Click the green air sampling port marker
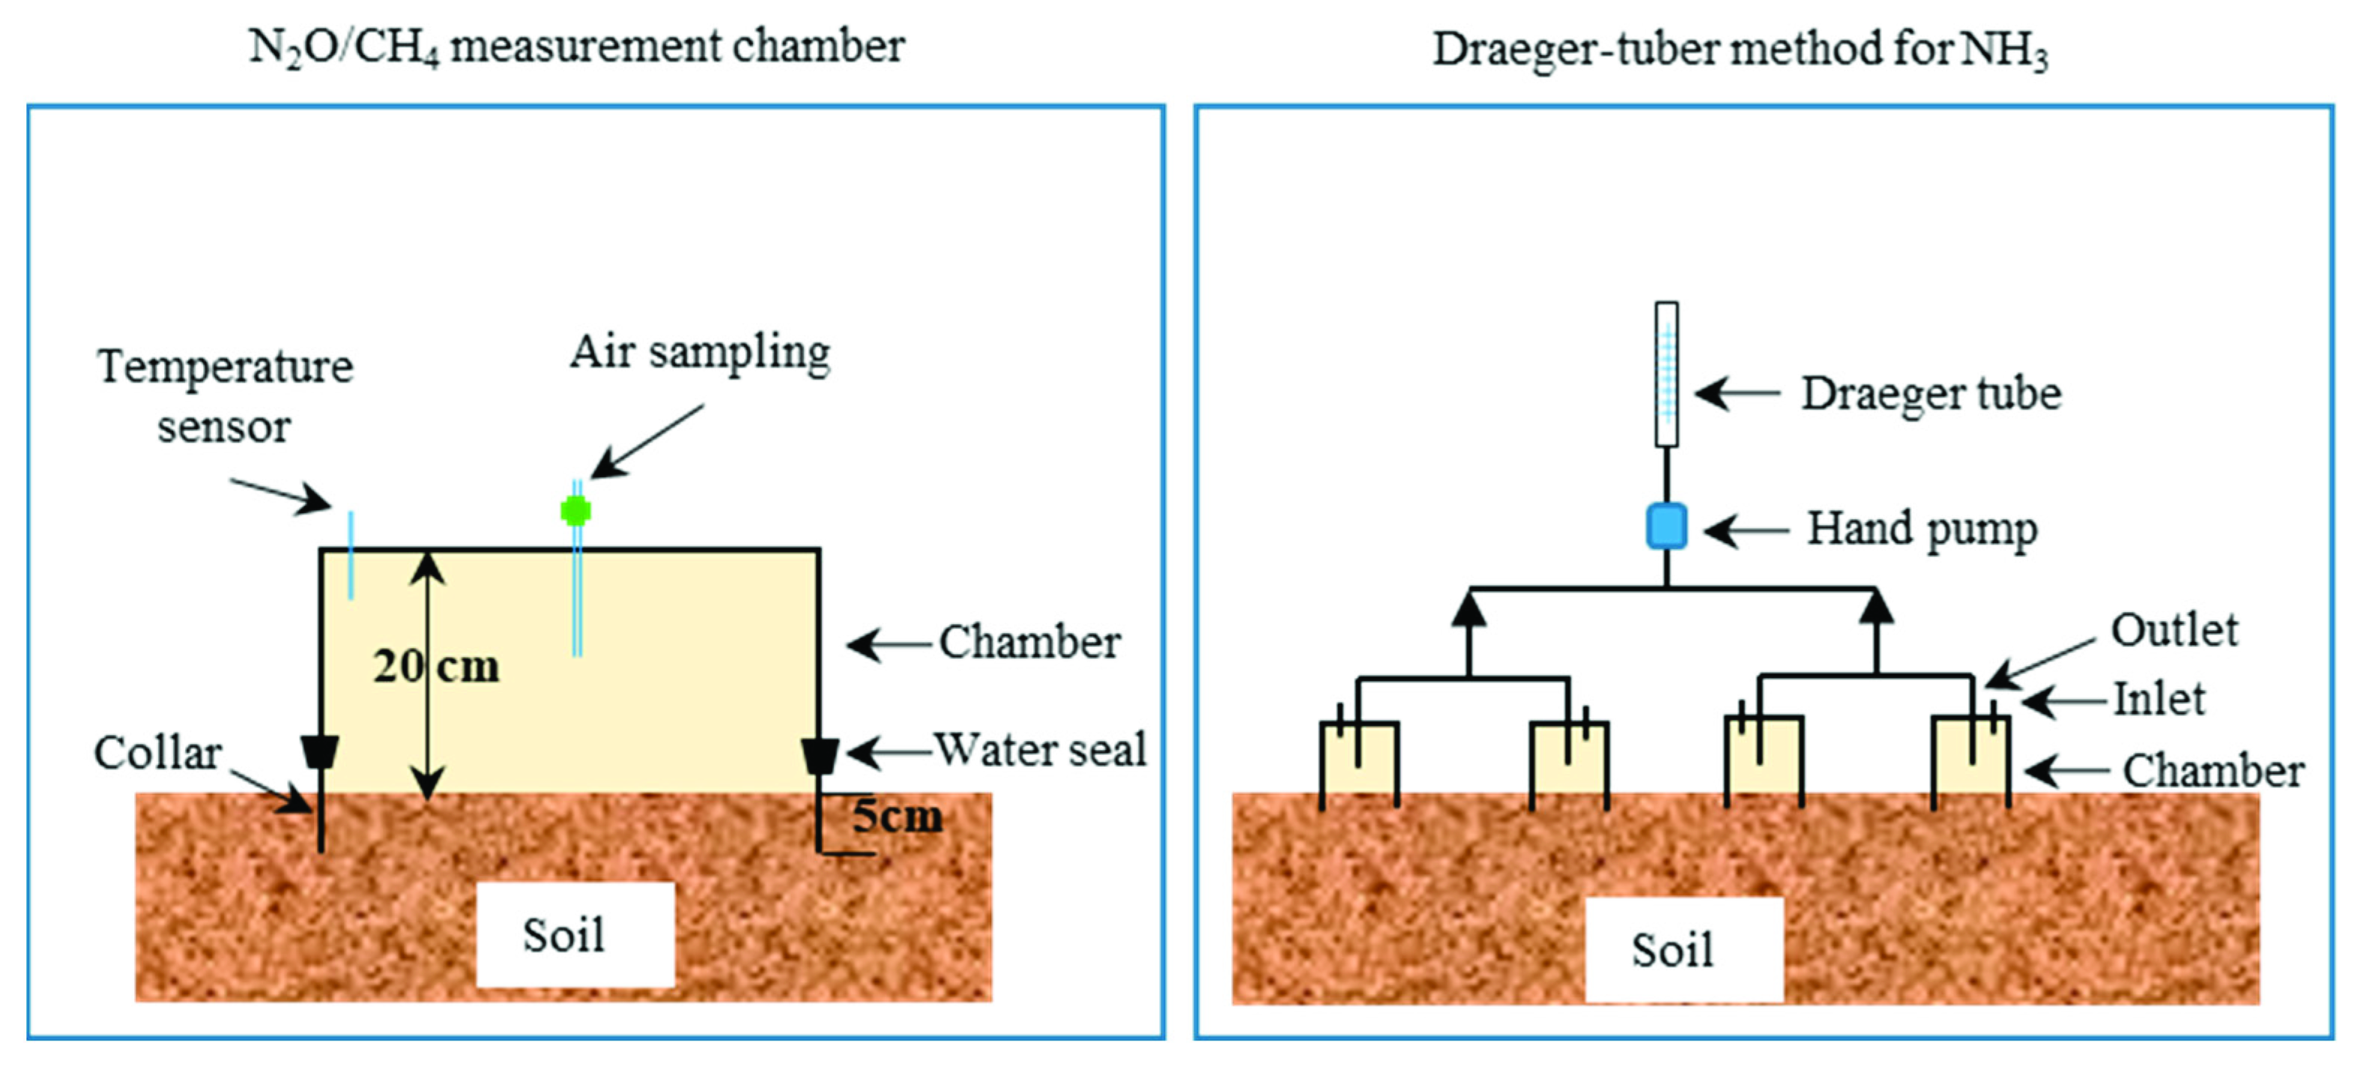575,510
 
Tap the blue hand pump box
1667,527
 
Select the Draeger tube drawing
1667,375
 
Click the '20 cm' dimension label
437,666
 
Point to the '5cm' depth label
898,815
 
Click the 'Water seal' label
1040,749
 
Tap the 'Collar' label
157,753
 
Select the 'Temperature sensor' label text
225,396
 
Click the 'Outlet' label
2174,629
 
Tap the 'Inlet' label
2159,699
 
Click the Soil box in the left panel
575,933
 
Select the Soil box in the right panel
1684,949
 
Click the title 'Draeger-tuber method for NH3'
1740,49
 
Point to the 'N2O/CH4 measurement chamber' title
577,47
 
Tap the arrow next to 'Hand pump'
1746,530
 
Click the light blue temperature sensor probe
351,556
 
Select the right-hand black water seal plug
820,756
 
